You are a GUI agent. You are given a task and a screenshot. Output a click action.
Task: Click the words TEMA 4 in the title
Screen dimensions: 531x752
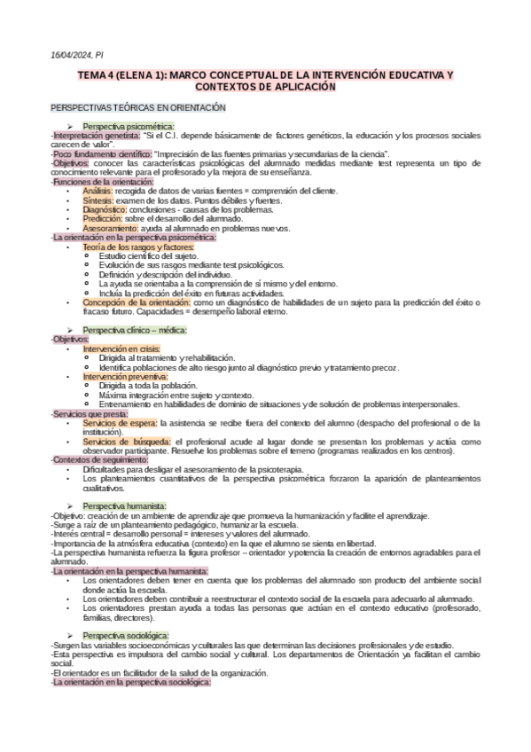point(96,77)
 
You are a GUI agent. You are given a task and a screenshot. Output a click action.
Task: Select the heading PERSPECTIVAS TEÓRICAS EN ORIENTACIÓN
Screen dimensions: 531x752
point(139,108)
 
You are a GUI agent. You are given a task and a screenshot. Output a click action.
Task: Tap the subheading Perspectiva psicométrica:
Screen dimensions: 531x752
point(129,126)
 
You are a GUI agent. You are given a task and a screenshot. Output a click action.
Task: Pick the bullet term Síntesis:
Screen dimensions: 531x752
point(98,200)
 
